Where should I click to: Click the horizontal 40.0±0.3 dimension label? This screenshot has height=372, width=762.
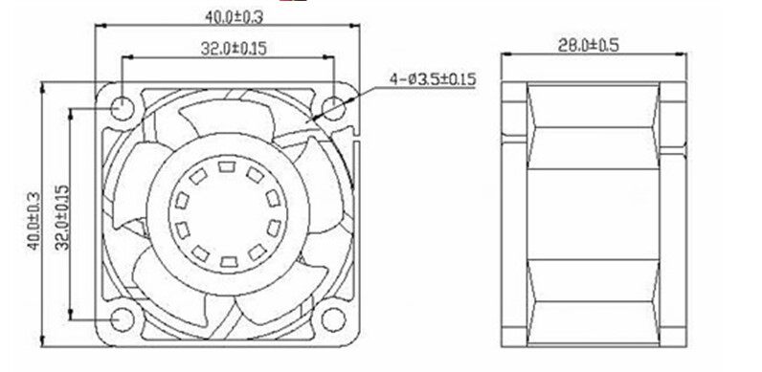pos(234,17)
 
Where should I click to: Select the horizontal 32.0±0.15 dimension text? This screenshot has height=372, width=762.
pos(234,48)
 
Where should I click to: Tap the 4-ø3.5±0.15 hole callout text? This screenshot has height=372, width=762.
pos(433,78)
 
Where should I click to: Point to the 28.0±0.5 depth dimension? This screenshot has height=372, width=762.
pos(588,46)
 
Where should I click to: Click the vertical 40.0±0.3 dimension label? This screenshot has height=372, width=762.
pos(34,221)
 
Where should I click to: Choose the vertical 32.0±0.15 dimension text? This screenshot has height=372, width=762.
pos(62,217)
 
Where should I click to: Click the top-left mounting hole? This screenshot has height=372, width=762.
pos(122,108)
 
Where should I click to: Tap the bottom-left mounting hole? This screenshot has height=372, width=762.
pos(122,319)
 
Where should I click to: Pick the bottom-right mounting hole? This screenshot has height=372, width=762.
pos(333,319)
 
